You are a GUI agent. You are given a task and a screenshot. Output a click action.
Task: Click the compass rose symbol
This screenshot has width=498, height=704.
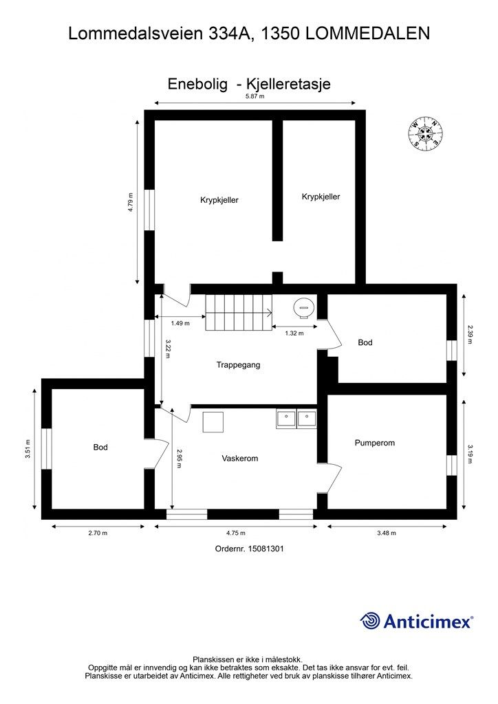coord(426,133)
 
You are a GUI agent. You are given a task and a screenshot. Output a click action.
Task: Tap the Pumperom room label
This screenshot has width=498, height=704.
coord(374,443)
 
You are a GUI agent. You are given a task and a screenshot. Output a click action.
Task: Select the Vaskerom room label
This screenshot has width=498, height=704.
coord(240,459)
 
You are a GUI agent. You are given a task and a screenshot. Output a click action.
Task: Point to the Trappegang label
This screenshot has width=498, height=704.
coord(238,365)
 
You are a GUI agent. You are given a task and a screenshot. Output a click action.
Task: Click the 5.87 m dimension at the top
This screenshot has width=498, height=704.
coord(255,96)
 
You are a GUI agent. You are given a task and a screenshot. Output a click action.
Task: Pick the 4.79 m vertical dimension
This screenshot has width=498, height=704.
coord(131,202)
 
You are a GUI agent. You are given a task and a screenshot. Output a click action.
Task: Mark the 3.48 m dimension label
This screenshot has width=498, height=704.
coord(387,533)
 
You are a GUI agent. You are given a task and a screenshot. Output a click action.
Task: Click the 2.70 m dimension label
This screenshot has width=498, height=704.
coord(98,533)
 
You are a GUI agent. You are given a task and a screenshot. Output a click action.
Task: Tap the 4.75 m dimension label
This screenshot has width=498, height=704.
coord(236,533)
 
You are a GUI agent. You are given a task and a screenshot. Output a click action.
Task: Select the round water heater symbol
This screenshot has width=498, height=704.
coord(303,309)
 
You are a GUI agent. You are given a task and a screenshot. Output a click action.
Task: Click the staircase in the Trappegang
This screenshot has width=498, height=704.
coord(239,313)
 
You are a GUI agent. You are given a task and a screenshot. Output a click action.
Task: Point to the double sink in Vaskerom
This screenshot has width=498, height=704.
coord(296,419)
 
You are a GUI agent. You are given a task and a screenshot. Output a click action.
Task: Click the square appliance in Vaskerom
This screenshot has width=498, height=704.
coord(213,422)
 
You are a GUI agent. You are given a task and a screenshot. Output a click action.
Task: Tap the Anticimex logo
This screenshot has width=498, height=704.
coord(416,621)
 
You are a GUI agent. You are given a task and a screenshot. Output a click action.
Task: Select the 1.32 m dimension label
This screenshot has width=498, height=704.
coord(294,333)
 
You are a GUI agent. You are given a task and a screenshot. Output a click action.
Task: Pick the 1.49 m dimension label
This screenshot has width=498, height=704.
coord(180,323)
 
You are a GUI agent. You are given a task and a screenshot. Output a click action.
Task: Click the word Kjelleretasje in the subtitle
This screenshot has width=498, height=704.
coord(287,84)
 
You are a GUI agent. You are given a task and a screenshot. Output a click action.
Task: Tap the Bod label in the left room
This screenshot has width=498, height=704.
coord(100,447)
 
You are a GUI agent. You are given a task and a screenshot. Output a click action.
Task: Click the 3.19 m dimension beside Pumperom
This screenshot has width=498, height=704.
coord(470,454)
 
